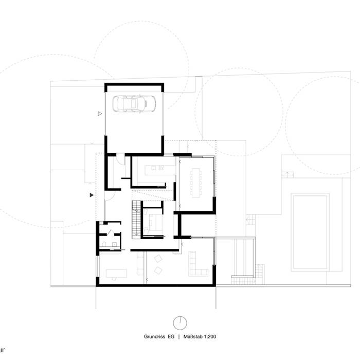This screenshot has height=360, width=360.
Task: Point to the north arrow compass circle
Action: click(180, 322)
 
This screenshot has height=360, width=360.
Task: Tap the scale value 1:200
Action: click(208, 337)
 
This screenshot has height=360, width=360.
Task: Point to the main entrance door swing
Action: click(110, 194)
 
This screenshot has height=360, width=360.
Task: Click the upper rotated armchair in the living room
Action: click(158, 258)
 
